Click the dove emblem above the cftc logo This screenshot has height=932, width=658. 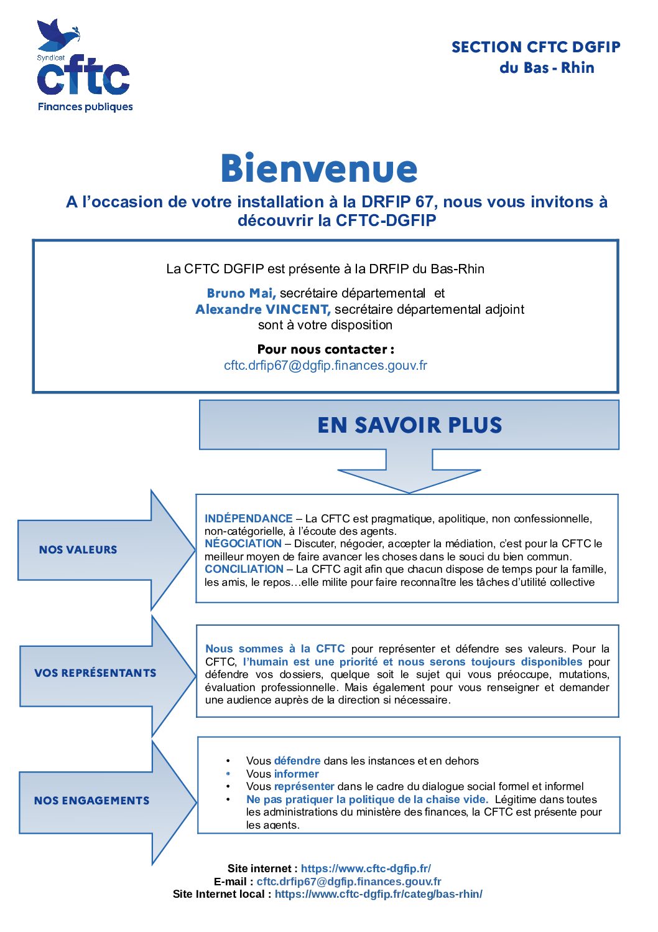(58, 35)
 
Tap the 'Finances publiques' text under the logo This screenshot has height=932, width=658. (85, 106)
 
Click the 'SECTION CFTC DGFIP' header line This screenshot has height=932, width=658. (535, 47)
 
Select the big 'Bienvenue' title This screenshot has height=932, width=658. (319, 169)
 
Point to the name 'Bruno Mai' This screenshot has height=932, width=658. (241, 293)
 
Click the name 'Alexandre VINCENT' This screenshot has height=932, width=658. (262, 309)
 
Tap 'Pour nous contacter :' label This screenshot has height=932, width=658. (325, 349)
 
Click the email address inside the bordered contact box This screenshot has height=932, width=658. (325, 365)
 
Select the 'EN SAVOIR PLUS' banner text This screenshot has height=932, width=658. (409, 425)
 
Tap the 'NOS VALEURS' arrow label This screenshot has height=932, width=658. (78, 550)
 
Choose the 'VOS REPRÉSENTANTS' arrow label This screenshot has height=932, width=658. (95, 673)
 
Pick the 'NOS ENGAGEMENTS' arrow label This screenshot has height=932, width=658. (91, 801)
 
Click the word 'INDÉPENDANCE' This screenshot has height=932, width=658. (248, 519)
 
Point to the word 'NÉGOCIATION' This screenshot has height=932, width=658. (243, 544)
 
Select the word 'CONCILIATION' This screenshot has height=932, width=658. (244, 569)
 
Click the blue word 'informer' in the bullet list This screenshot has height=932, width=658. (296, 774)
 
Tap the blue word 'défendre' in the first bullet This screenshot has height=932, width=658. (297, 761)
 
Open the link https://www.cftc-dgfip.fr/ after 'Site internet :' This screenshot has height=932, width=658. (366, 868)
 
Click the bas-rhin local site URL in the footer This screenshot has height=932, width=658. (378, 894)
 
